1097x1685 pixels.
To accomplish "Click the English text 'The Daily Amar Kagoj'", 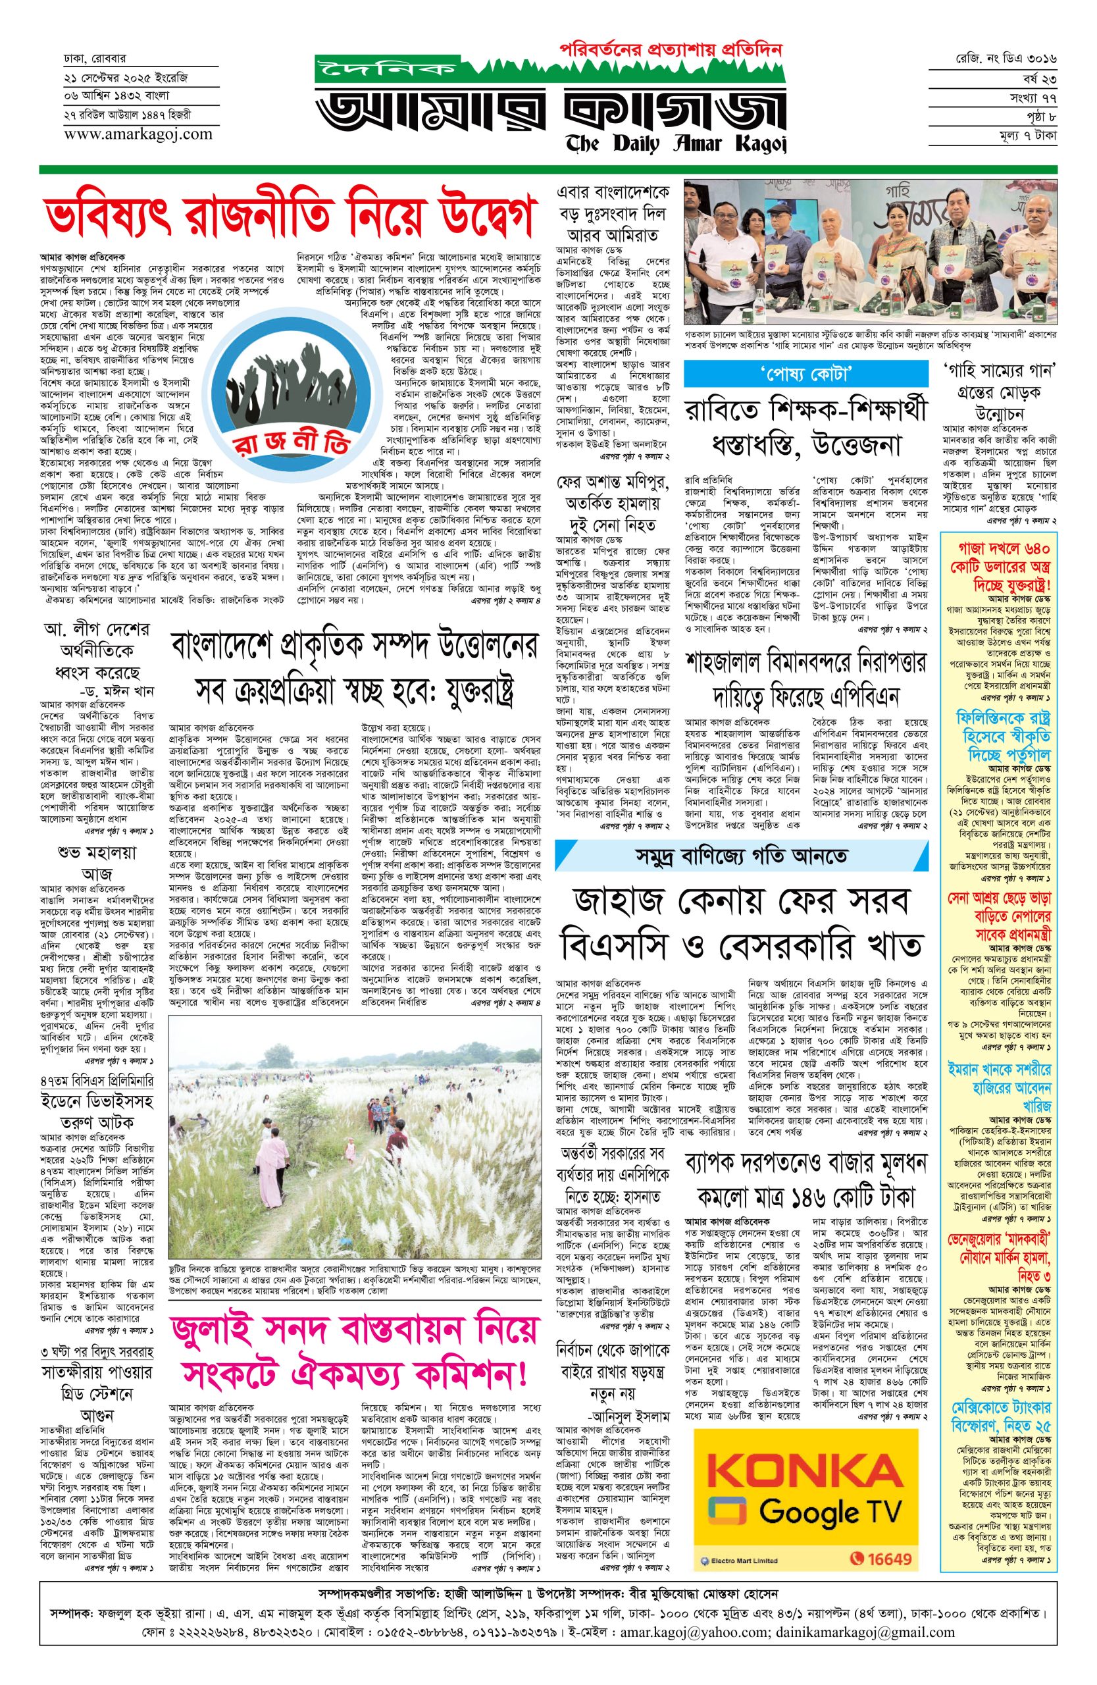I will (x=676, y=143).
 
